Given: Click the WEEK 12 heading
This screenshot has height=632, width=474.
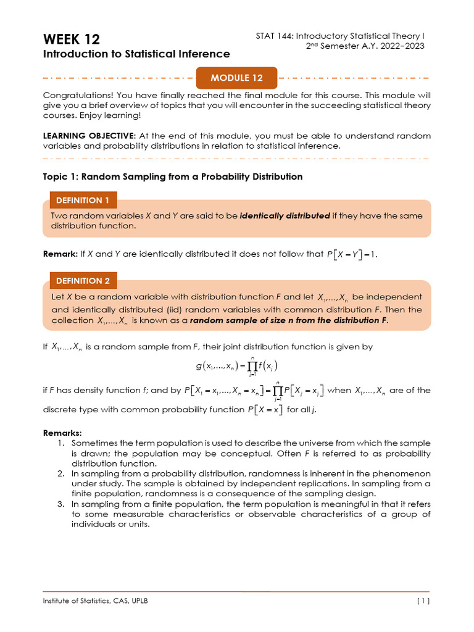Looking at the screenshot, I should click(x=71, y=39).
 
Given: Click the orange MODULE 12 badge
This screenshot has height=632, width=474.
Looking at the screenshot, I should click(x=236, y=78).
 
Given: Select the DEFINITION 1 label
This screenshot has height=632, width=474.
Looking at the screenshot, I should click(x=83, y=200).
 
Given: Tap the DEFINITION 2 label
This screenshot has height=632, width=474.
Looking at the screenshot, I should click(x=83, y=280).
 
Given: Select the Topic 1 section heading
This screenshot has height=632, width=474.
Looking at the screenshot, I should click(x=172, y=177).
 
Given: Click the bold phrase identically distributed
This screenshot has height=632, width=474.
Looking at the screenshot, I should click(x=285, y=216).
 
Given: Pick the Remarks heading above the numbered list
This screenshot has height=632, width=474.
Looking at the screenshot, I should click(x=63, y=433).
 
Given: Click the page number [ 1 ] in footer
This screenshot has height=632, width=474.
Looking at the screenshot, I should click(x=423, y=601).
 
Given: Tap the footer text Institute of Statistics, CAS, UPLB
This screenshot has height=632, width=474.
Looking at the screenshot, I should click(x=95, y=601).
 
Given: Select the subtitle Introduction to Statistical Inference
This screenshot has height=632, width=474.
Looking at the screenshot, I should click(x=136, y=54).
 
